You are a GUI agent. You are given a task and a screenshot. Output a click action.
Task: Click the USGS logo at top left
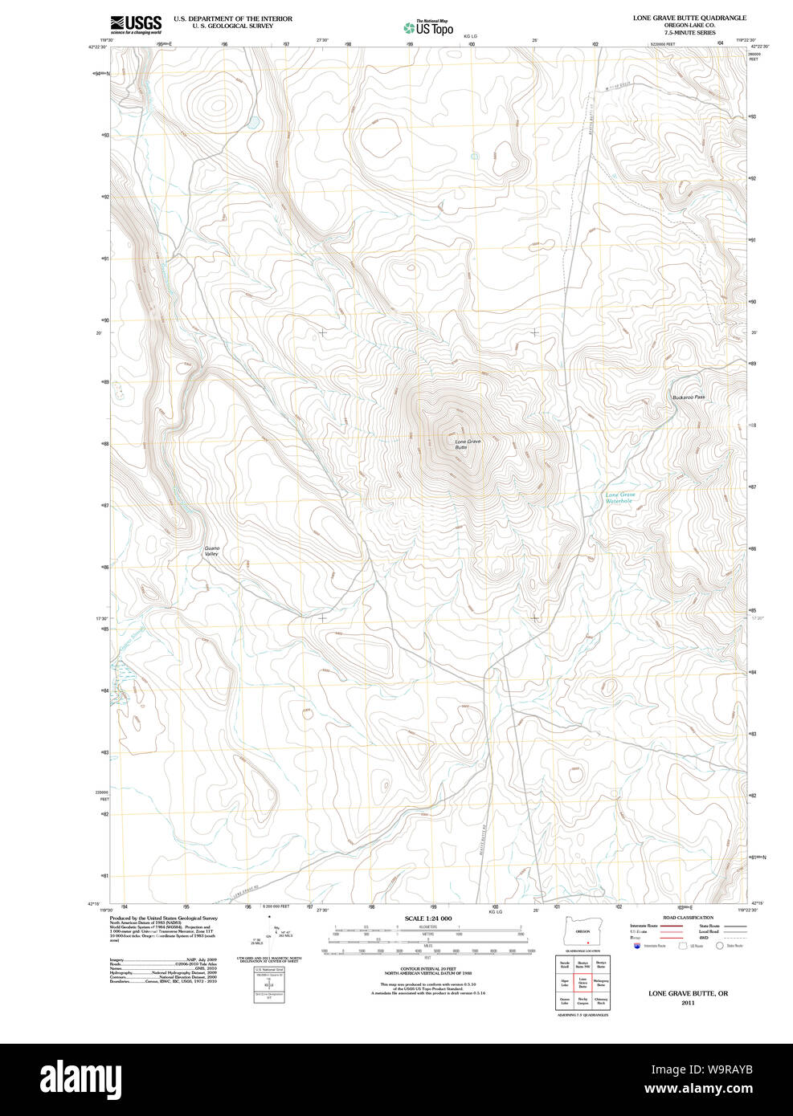pyautogui.click(x=136, y=24)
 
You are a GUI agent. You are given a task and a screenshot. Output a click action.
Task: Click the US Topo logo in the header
pyautogui.click(x=429, y=28)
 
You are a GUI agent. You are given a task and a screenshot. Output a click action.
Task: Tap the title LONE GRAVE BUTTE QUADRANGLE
pyautogui.click(x=689, y=18)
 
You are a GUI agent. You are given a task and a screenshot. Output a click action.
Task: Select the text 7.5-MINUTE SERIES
pyautogui.click(x=689, y=33)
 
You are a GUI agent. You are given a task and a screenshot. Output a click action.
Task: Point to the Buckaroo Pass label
pyautogui.click(x=689, y=397)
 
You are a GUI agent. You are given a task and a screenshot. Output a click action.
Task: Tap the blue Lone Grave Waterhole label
pyautogui.click(x=620, y=498)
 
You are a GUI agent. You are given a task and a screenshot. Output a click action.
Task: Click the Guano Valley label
pyautogui.click(x=211, y=552)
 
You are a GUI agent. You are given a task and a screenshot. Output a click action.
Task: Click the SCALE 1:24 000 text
pyautogui.click(x=427, y=918)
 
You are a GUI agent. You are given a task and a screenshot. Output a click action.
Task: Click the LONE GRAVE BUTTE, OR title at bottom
pyautogui.click(x=688, y=994)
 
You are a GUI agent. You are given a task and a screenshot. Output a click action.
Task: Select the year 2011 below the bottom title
pyautogui.click(x=688, y=1003)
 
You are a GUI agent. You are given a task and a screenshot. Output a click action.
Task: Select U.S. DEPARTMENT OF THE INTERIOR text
pyautogui.click(x=233, y=18)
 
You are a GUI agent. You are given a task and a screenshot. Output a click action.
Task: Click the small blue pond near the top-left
pyautogui.click(x=252, y=123)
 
